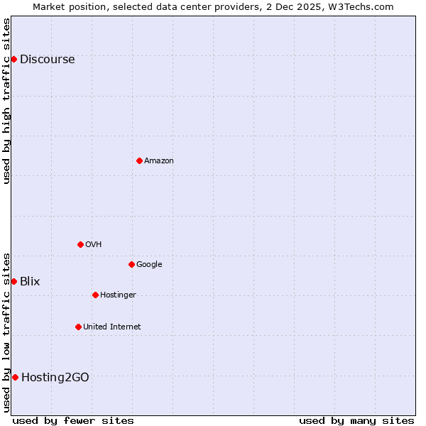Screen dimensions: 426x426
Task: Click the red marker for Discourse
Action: tap(13, 59)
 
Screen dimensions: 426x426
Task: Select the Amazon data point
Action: tap(139, 160)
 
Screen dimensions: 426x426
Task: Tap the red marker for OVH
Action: tap(80, 244)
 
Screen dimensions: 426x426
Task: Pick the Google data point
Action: tap(131, 264)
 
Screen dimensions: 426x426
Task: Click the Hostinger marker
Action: tap(95, 295)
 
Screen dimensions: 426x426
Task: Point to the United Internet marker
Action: tap(78, 327)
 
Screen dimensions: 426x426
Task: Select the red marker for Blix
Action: tap(13, 281)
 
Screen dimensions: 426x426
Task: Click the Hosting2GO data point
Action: tap(15, 377)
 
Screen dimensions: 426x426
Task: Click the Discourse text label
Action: tap(47, 60)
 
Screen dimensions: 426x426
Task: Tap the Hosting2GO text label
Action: tap(55, 378)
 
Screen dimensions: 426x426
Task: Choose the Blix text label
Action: tap(30, 282)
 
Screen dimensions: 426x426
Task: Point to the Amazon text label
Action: tap(159, 161)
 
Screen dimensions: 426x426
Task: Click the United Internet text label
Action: tap(111, 327)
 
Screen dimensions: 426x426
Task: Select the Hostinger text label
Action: tap(118, 295)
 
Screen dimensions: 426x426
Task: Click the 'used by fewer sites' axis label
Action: tap(73, 420)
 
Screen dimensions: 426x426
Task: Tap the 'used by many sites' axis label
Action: tap(356, 420)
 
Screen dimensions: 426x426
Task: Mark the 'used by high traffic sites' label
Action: tap(6, 101)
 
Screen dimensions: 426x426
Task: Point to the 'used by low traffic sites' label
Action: tap(6, 332)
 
